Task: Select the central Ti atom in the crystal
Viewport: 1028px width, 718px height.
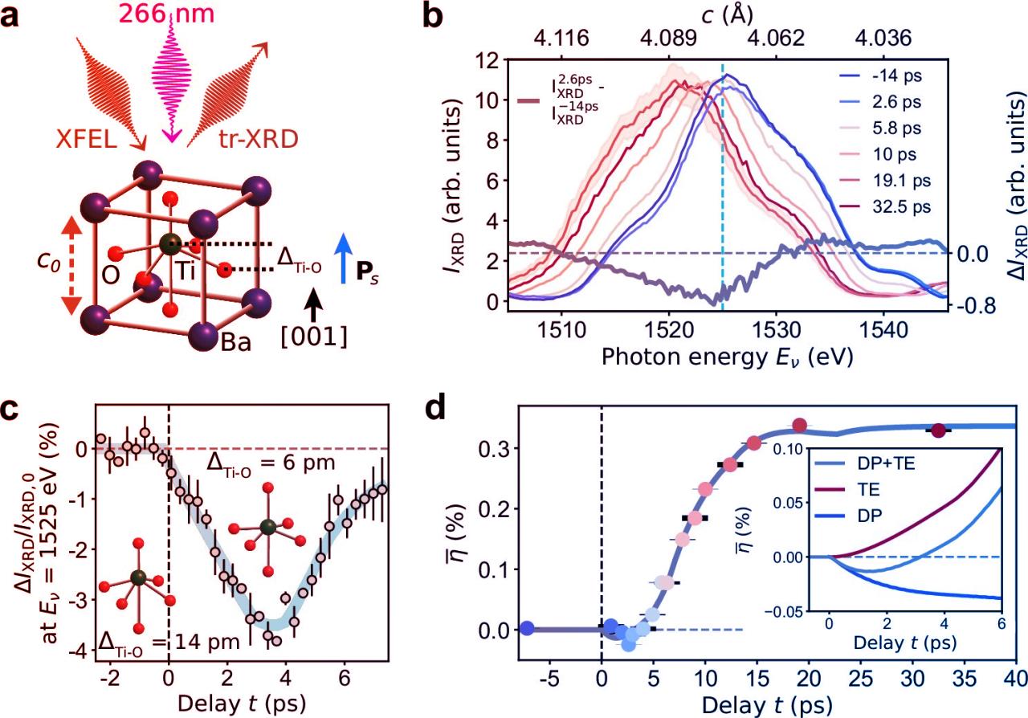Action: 167,243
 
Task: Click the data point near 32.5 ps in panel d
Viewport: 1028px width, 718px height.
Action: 936,430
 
